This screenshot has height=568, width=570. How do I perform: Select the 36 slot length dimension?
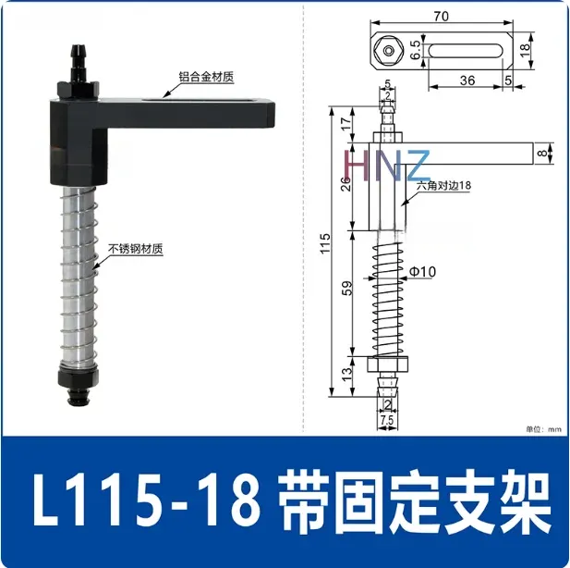[467, 80]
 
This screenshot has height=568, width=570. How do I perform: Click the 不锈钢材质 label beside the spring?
[137, 249]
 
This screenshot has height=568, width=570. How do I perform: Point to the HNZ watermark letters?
[386, 165]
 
